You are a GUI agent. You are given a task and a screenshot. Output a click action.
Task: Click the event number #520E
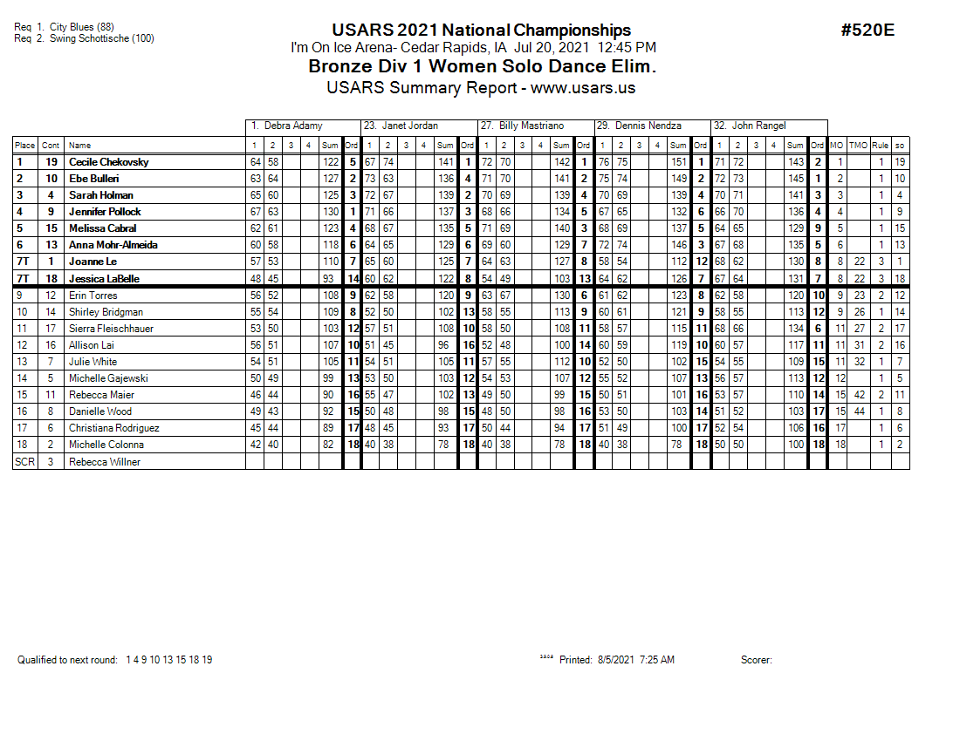coord(867,31)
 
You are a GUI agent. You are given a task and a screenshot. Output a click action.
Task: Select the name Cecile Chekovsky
coord(108,162)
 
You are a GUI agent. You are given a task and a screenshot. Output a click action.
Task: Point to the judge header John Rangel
coord(758,126)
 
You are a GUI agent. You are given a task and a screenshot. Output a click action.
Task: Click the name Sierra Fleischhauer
coord(110,329)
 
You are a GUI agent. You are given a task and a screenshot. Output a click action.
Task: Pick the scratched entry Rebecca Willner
coord(104,462)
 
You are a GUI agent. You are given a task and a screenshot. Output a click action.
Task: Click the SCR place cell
coord(25,462)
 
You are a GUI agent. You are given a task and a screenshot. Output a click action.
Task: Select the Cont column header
coord(51,146)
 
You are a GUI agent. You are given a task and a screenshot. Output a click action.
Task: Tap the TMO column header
coord(859,146)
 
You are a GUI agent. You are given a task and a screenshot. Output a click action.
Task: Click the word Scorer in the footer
coord(756,660)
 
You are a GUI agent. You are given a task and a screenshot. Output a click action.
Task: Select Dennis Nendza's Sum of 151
coord(678,162)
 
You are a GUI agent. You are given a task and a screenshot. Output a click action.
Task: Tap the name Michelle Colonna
coord(106,445)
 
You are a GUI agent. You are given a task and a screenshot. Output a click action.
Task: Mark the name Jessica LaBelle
coord(105,279)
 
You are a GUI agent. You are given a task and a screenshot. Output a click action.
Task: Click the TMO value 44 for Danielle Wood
coord(859,411)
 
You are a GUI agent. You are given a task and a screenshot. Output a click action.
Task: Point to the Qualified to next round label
coord(67,660)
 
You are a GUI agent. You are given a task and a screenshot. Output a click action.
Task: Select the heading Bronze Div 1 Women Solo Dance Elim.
coord(482,67)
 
